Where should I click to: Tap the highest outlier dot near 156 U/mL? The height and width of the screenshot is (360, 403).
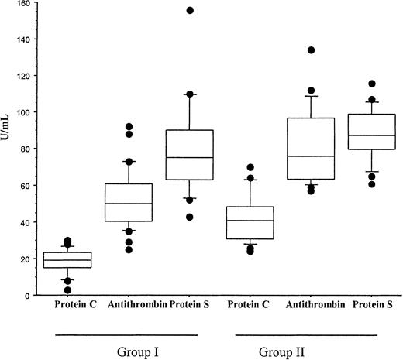click(190, 10)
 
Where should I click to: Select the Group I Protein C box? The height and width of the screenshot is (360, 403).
click(69, 259)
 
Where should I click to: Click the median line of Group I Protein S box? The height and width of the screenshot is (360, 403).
click(190, 158)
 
